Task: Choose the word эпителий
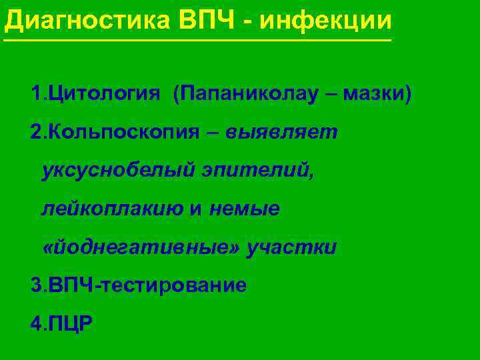[257, 171]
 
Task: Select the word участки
[291, 248]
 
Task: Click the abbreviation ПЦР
[68, 325]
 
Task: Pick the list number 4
[35, 325]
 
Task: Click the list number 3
[35, 286]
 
